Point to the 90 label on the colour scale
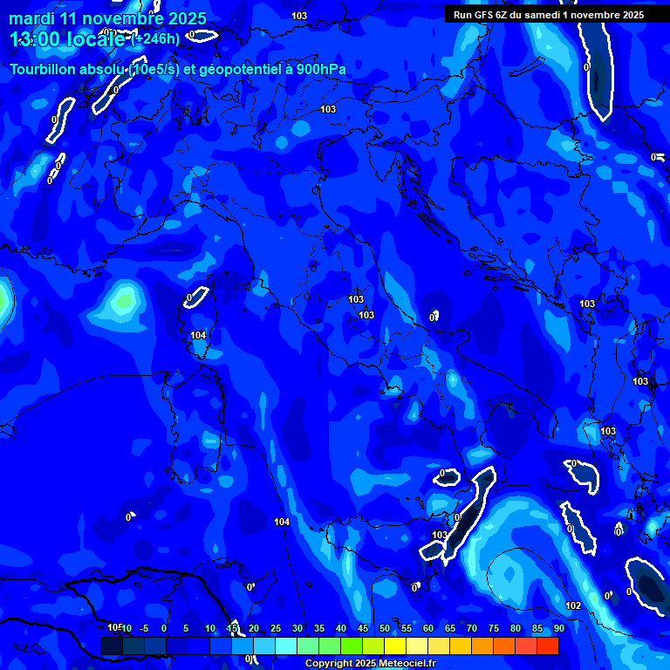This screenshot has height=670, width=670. pos(558,628)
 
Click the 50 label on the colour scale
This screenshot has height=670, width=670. pos(385,628)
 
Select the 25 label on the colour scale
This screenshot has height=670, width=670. pos(276,628)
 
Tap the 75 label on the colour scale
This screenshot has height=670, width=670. pos(494,628)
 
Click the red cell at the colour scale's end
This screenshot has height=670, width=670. pos(547,646)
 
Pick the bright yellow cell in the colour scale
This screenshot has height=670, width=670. pos(395,646)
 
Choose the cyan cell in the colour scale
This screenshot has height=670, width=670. pos(286,646)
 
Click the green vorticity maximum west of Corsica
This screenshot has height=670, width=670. pos(123,299)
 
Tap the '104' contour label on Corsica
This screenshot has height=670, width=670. pos(199,335)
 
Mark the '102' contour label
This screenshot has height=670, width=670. pos(573,605)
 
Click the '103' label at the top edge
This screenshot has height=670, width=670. pos(299,16)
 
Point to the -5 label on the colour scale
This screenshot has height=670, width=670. pos(144,628)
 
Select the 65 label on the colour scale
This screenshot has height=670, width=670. pos(450,628)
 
